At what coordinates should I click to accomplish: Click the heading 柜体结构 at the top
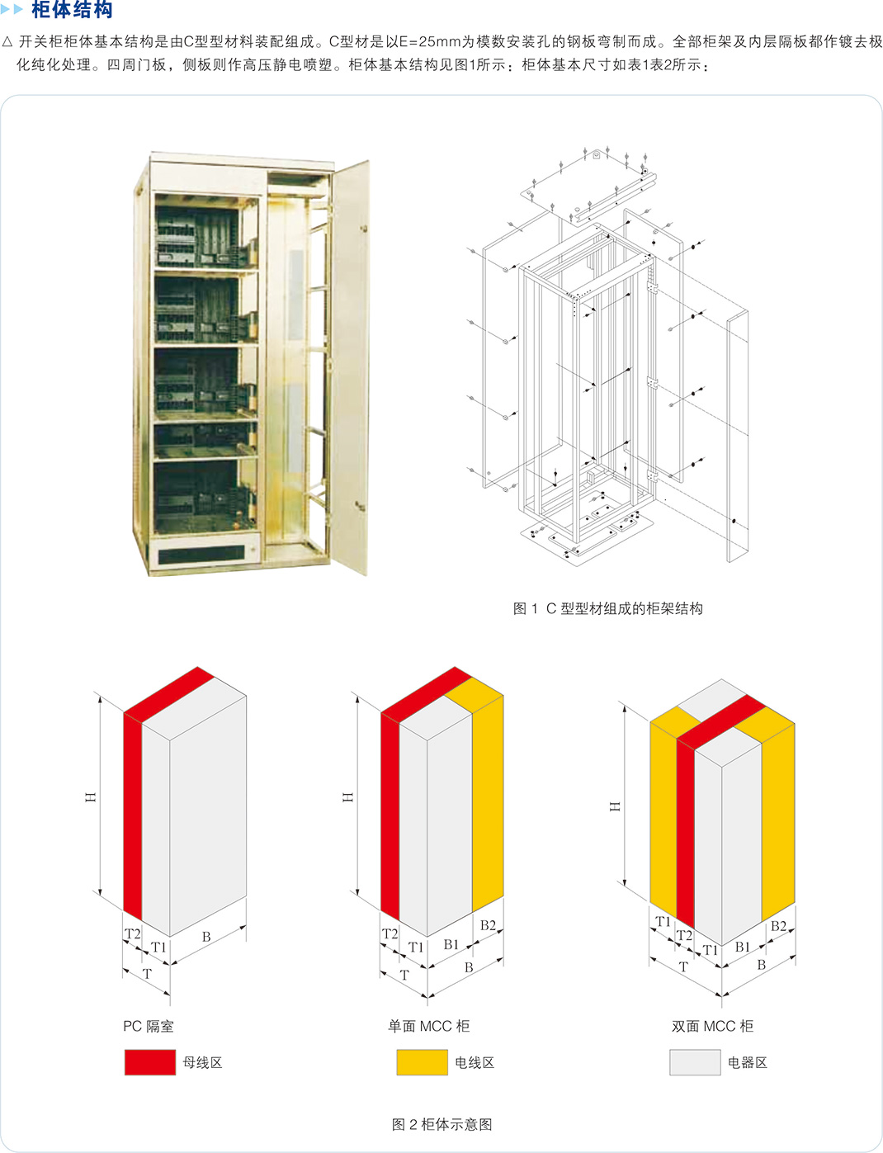(x=72, y=10)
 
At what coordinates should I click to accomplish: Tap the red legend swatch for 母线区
(x=150, y=1062)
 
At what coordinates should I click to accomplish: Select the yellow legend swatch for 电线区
(x=423, y=1062)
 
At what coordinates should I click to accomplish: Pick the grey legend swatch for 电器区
(x=695, y=1062)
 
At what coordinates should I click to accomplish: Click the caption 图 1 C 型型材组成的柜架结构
(x=607, y=608)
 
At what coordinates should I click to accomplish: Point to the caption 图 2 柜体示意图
(x=441, y=1124)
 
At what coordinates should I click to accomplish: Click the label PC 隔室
(x=149, y=1026)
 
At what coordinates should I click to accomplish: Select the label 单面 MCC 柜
(x=429, y=1026)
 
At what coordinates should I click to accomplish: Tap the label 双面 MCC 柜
(x=712, y=1026)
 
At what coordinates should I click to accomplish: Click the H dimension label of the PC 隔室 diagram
(x=91, y=797)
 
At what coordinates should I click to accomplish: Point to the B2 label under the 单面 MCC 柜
(x=488, y=925)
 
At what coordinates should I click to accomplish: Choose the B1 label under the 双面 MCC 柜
(x=743, y=947)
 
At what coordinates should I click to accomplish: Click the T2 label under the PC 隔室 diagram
(x=133, y=933)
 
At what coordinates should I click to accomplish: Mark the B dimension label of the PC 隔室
(x=206, y=937)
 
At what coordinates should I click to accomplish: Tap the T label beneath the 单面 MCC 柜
(x=404, y=975)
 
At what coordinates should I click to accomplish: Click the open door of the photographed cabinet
(x=351, y=366)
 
